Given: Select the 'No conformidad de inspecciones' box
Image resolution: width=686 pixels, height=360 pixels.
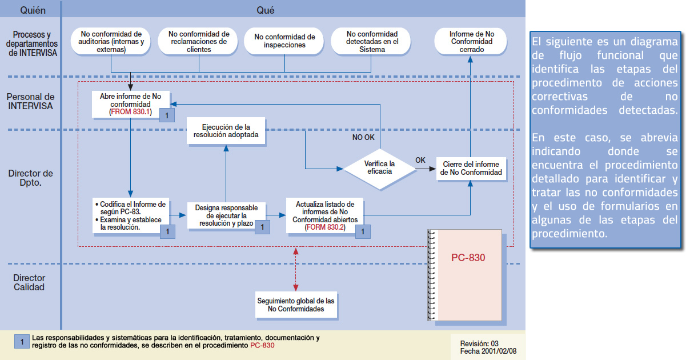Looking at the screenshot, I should click(x=284, y=41).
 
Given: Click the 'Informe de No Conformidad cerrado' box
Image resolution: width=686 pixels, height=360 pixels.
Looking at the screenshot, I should click(x=471, y=42).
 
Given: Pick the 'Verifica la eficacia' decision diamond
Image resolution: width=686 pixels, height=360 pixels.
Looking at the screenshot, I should click(x=380, y=167).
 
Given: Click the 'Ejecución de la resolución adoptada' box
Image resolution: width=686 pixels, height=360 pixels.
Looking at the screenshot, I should click(x=226, y=131).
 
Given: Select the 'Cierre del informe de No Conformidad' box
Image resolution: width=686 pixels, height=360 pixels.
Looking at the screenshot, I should click(x=471, y=169).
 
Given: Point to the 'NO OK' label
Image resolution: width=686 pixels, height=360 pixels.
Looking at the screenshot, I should click(x=363, y=137).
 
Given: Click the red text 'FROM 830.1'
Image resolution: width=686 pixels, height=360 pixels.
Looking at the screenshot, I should click(x=130, y=113).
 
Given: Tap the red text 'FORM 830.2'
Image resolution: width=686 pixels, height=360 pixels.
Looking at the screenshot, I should click(x=325, y=227).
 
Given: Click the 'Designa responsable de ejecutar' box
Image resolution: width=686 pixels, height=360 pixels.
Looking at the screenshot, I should click(x=226, y=216).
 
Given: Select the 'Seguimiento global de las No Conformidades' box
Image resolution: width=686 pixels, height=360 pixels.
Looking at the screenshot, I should click(x=296, y=305).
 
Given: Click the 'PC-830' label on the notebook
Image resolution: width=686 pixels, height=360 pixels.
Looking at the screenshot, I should click(x=468, y=258).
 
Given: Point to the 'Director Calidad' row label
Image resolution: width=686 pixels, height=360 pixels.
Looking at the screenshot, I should click(x=29, y=282).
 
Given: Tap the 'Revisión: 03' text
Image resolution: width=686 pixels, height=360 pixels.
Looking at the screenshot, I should click(x=479, y=343).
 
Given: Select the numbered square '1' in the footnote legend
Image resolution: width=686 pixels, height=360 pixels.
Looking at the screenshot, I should click(x=22, y=342).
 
